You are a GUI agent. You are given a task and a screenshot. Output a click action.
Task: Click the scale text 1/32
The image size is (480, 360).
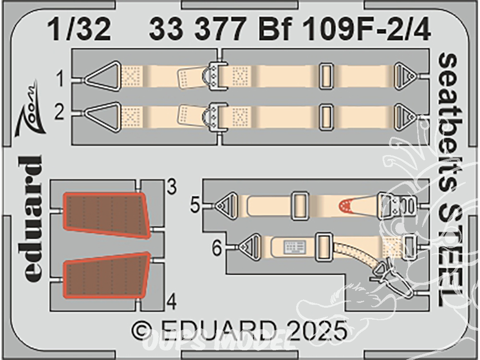point(80,31)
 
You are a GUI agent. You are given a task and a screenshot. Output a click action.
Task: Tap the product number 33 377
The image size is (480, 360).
point(199,31)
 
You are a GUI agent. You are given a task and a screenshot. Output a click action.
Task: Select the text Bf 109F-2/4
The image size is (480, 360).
point(345,31)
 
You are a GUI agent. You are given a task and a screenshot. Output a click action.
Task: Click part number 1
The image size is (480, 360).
point(60,79)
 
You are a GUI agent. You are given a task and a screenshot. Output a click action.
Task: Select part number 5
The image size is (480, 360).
point(195,205)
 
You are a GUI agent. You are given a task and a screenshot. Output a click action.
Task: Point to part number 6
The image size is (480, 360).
point(217,248)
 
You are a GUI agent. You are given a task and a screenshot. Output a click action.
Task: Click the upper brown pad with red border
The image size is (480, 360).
point(106,215)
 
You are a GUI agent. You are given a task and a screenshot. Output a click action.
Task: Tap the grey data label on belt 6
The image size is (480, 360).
point(295,247)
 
